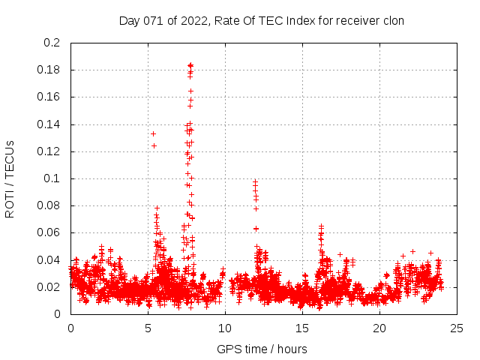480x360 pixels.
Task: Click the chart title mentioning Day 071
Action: (x=262, y=20)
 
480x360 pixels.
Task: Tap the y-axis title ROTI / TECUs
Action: (x=10, y=178)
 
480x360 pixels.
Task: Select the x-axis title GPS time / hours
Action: (x=262, y=349)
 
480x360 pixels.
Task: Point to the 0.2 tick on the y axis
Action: (x=52, y=43)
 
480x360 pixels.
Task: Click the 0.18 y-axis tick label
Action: (x=49, y=70)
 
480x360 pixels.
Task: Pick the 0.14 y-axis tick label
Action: (x=49, y=124)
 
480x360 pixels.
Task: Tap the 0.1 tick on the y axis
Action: (x=52, y=178)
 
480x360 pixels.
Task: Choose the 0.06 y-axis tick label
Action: (x=49, y=232)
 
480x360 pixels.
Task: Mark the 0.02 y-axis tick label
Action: (x=49, y=287)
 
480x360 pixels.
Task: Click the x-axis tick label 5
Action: (x=148, y=328)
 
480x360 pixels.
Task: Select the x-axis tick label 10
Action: (x=225, y=328)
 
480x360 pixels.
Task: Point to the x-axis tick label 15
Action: (x=302, y=328)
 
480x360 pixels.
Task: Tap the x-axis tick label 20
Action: (x=379, y=328)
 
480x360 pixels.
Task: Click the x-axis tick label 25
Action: (x=457, y=328)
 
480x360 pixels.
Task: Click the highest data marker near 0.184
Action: (x=190, y=65)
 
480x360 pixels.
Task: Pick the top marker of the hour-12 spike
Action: (x=255, y=181)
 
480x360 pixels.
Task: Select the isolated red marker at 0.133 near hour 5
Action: (x=153, y=133)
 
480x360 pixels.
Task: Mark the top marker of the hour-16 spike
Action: (x=321, y=226)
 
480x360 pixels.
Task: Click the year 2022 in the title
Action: (x=192, y=20)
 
